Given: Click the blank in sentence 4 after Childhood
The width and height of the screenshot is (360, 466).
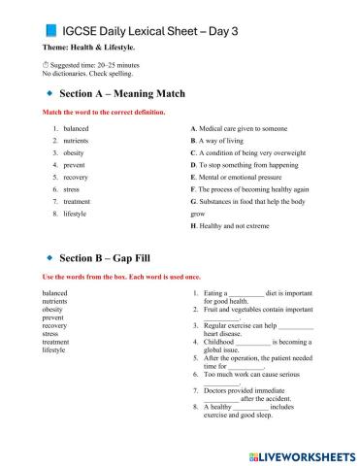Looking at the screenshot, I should pyautogui.click(x=252, y=343).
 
